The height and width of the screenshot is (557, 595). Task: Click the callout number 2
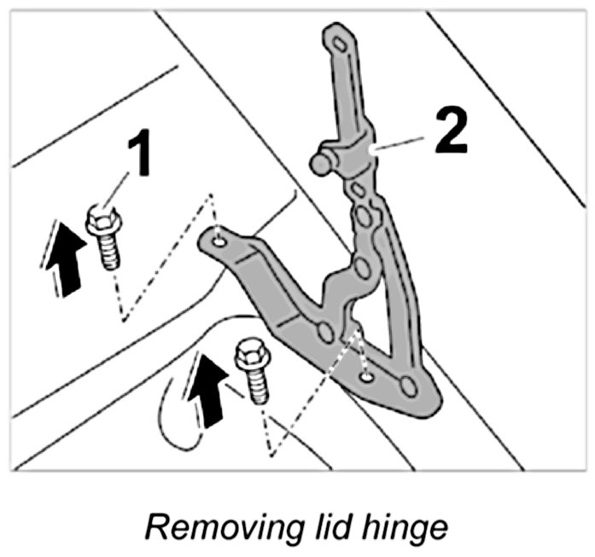[x=450, y=131]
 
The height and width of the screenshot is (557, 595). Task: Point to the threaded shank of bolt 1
[x=108, y=252]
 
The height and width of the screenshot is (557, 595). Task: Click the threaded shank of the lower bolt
[x=257, y=385]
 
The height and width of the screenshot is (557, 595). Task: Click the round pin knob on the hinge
[x=320, y=161]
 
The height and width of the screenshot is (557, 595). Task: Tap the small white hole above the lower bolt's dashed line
[x=365, y=374]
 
